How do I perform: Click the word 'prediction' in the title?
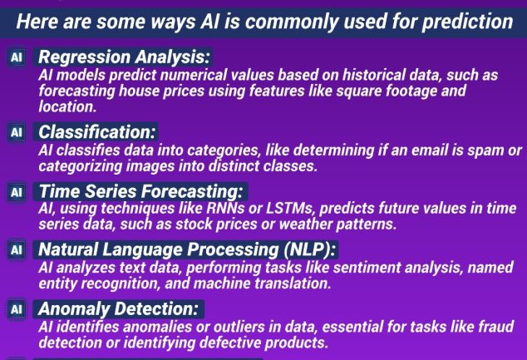467,22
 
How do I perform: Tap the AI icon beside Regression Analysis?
17,57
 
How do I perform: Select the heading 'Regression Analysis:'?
124,57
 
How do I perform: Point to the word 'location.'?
67,106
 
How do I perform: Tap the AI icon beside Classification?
17,132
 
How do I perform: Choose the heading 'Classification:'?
96,131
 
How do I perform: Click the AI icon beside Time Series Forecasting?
17,192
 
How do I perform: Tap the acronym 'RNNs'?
225,208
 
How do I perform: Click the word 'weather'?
306,224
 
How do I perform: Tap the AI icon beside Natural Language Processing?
17,249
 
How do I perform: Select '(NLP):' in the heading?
309,249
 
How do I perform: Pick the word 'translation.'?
293,283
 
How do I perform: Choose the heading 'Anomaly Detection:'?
118,308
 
